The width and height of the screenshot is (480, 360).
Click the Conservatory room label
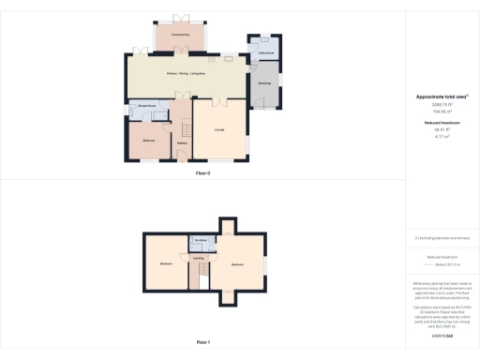click(x=181, y=35)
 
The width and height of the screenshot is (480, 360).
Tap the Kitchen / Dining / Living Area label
click(x=187, y=73)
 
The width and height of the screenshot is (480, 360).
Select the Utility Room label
click(x=264, y=52)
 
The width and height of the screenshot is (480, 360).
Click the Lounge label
click(x=218, y=128)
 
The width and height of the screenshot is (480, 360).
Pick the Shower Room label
click(x=148, y=106)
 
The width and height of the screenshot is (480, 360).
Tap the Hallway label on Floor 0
click(x=181, y=142)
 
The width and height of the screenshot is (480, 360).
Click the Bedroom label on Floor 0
click(x=148, y=140)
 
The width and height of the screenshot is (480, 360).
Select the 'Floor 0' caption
click(x=202, y=173)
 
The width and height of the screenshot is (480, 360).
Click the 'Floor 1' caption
click(x=202, y=343)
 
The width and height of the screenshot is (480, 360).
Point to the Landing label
click(x=199, y=258)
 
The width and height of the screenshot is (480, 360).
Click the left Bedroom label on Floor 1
click(x=165, y=263)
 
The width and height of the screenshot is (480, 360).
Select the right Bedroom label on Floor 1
click(x=237, y=264)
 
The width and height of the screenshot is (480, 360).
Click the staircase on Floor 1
click(x=199, y=274)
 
